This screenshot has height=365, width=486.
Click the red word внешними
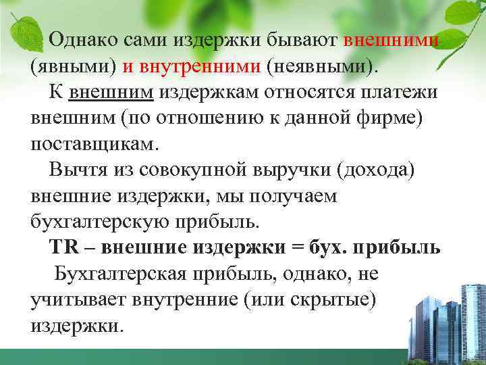(x=392, y=39)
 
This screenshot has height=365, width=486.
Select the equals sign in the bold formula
(x=298, y=248)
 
